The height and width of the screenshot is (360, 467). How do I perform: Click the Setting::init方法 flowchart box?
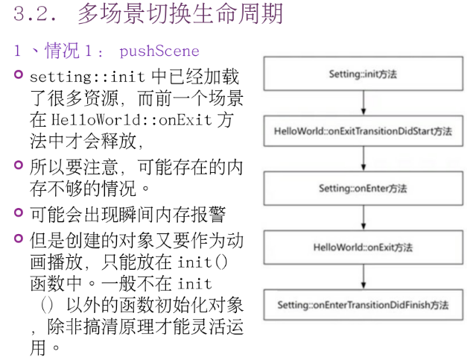(x=363, y=75)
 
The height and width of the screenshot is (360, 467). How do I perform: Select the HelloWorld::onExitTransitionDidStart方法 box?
(x=363, y=131)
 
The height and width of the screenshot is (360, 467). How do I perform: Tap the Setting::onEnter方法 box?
(x=363, y=189)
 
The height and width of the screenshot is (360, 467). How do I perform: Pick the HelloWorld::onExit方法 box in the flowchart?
(x=363, y=247)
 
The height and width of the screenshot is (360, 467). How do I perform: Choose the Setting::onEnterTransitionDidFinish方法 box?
(x=363, y=305)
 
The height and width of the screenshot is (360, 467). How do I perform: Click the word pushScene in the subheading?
(x=159, y=51)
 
